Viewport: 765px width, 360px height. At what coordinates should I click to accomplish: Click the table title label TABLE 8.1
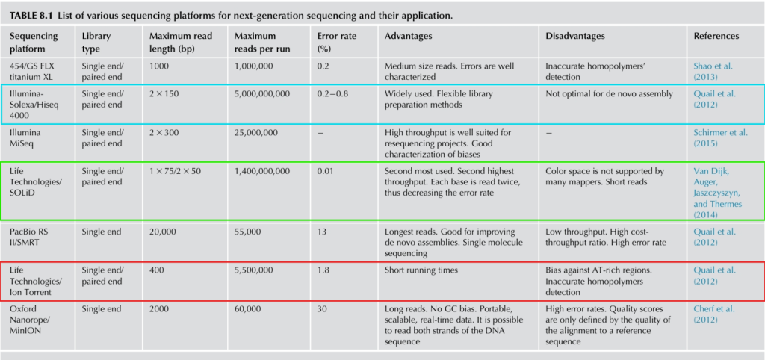point(31,16)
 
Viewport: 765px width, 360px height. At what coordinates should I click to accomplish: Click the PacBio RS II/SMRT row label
point(27,237)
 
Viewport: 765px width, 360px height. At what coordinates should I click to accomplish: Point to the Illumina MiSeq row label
point(25,137)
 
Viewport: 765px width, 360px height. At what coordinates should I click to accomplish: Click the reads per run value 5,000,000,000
point(262,94)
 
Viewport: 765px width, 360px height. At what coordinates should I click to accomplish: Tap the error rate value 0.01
point(326,171)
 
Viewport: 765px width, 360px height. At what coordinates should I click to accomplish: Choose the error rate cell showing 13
point(321,232)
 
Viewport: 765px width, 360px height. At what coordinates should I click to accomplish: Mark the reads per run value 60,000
point(247,309)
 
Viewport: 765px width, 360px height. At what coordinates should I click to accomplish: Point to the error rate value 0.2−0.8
point(334,94)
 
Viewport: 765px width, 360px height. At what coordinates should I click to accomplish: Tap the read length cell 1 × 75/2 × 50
point(175,171)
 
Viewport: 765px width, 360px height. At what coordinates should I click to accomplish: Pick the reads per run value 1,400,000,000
point(262,171)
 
